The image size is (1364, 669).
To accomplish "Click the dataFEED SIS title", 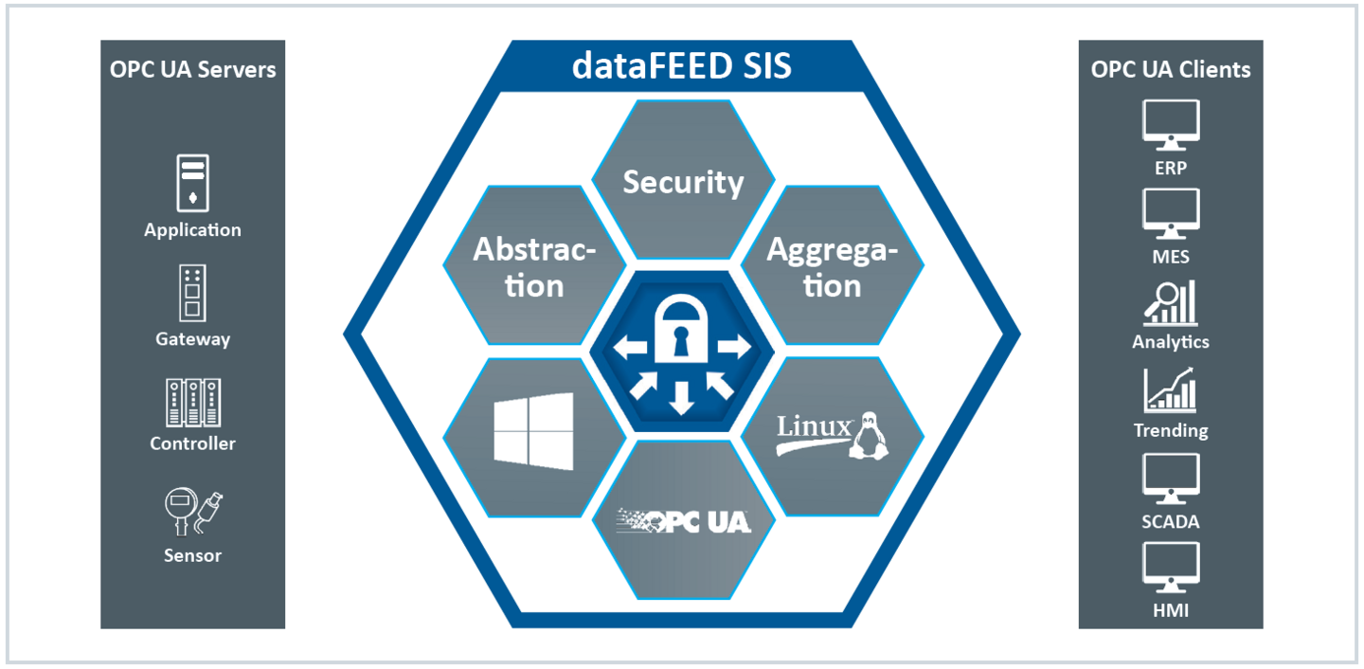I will pos(682,67).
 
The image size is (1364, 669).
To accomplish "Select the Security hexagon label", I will pos(683,182).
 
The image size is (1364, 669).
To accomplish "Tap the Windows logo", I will pos(533,431).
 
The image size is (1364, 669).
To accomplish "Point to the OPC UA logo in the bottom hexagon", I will pos(684,519).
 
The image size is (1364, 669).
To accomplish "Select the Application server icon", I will pos(192,183).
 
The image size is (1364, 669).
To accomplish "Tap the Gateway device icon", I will pos(192,293).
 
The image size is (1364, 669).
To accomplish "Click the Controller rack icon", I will pos(192,403).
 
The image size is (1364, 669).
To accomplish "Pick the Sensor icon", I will pos(192,512).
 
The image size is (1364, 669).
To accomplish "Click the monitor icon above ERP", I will pos(1171,126).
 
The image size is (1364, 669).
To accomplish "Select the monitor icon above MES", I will pos(1171,214).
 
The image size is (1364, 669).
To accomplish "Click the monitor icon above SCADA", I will pos(1171,479).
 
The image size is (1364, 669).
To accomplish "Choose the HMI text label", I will pos(1171,610).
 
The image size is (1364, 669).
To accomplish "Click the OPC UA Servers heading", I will pos(193,69).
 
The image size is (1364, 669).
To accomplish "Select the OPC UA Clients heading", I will pos(1171,69).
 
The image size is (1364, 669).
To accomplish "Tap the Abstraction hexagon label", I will pos(534,267).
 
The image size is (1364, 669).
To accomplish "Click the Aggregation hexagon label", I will pos(832,267).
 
